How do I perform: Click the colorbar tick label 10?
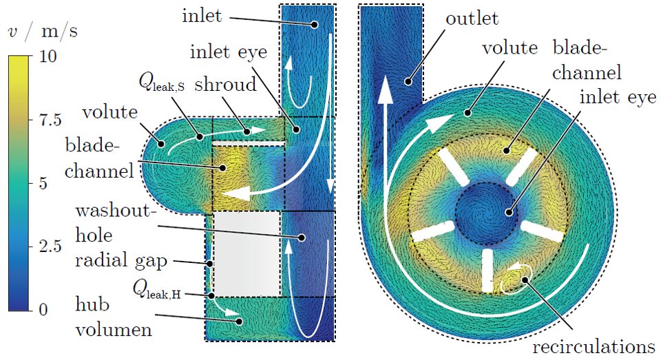(x=48, y=58)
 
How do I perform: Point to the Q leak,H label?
(x=161, y=294)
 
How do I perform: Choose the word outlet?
(x=472, y=19)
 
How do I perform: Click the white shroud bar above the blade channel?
(x=248, y=143)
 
